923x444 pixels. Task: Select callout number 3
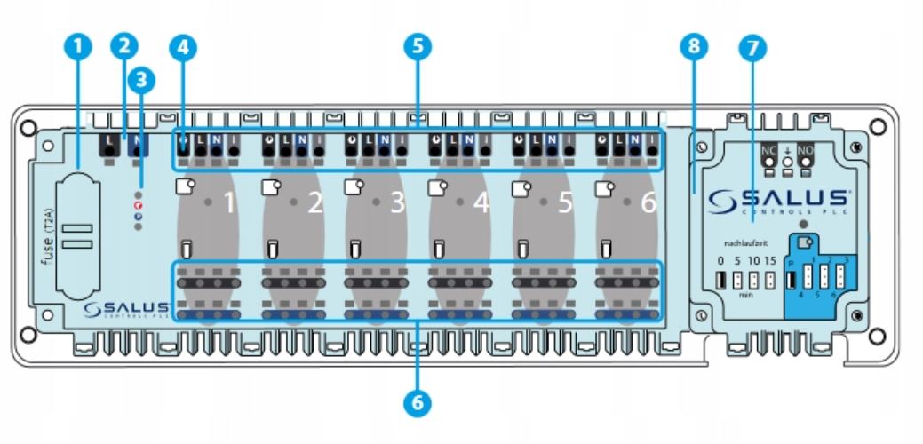coord(140,79)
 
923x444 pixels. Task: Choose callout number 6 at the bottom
coord(417,404)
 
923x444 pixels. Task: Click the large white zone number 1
coord(229,204)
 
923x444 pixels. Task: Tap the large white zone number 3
coord(397,204)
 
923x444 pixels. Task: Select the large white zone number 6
coord(648,204)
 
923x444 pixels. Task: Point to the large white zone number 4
coord(481,204)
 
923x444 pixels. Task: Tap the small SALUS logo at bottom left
coord(124,308)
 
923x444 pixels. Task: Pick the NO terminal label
coord(805,150)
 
